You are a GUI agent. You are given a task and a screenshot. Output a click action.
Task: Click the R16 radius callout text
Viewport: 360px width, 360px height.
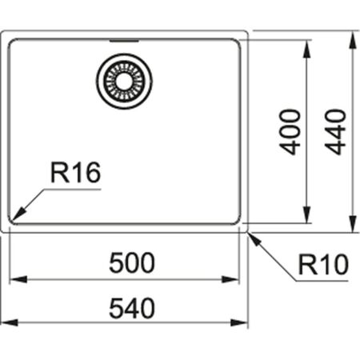click(75, 173)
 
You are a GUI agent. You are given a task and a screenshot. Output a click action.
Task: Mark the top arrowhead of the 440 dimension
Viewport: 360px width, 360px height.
click(353, 37)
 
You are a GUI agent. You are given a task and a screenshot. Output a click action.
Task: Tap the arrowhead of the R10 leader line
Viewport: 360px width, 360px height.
click(252, 236)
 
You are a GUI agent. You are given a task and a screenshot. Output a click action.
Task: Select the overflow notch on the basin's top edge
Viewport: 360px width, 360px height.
click(124, 38)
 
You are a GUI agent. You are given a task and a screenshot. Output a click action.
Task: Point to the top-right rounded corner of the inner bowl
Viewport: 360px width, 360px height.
click(237, 42)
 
